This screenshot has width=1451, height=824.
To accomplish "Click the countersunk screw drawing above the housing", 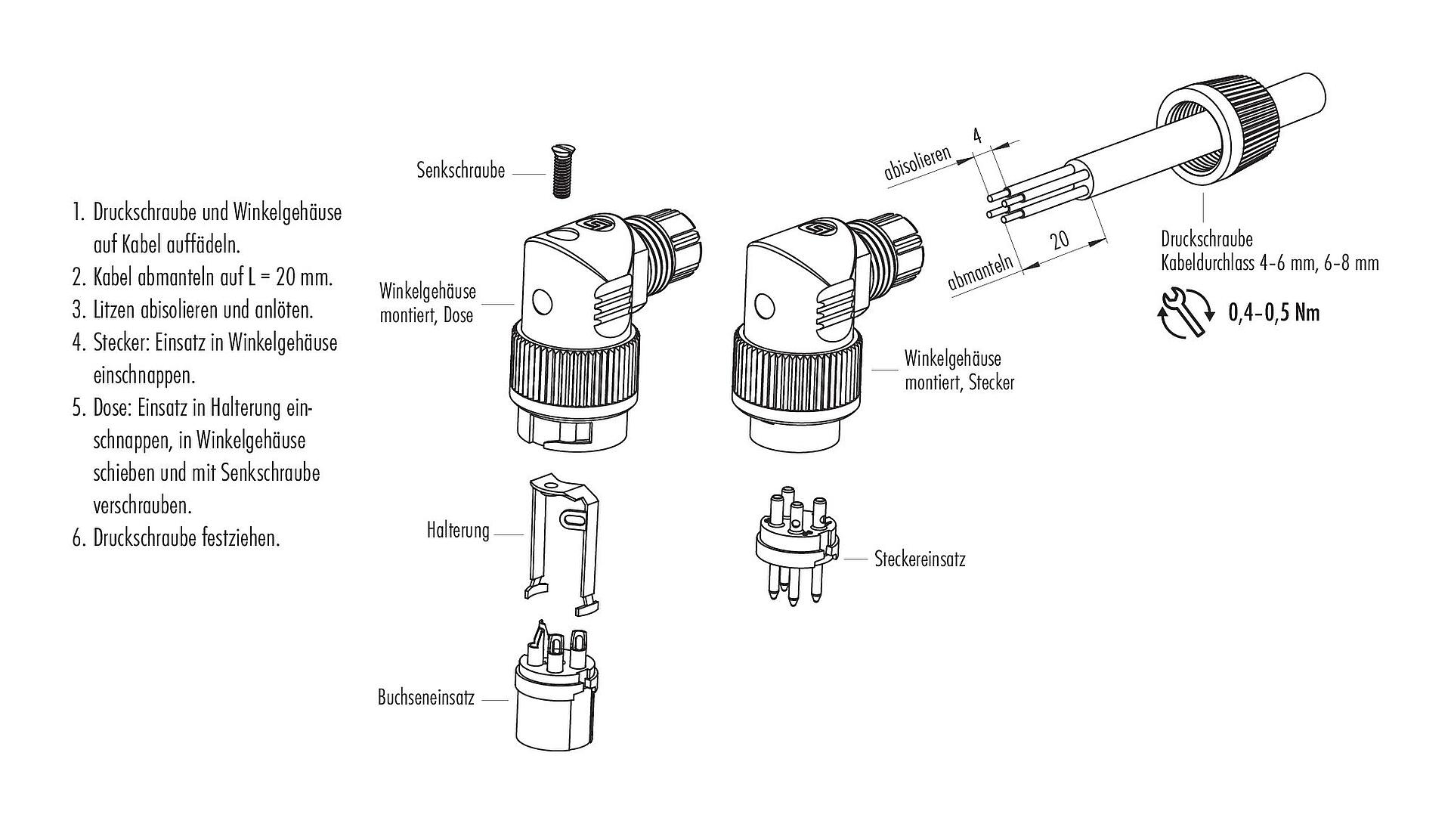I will [560, 172].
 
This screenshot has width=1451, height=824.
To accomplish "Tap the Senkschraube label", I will [460, 170].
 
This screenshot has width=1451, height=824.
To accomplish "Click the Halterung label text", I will [458, 531].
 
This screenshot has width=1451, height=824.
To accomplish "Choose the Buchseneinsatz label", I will [425, 697].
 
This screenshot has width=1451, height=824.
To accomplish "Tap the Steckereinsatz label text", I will [920, 559].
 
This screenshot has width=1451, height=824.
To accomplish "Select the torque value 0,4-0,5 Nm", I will [1273, 312].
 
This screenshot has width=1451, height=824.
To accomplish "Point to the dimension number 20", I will [1060, 240].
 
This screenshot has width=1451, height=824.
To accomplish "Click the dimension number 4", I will [976, 136].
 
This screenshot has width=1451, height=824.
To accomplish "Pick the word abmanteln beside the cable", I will [979, 272].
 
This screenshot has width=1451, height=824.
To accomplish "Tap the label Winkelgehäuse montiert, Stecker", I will [959, 370].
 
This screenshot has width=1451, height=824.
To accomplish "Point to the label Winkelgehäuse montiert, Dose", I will [427, 302].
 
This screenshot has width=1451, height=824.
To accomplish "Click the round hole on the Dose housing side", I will [543, 302].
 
